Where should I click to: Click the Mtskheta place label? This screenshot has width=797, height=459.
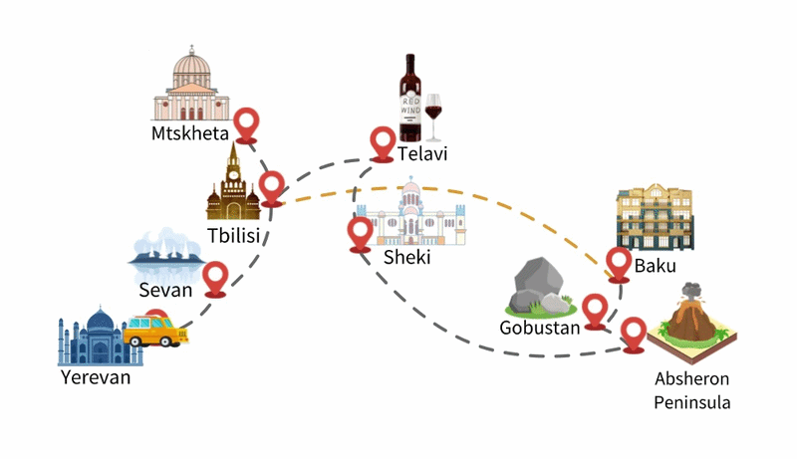(x=190, y=133)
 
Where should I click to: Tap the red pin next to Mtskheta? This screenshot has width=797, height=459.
(x=247, y=125)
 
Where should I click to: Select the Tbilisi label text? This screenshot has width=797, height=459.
(x=233, y=235)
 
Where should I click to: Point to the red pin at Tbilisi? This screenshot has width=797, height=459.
(x=272, y=189)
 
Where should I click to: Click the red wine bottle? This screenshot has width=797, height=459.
(x=410, y=98)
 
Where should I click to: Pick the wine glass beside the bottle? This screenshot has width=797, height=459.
(x=433, y=116)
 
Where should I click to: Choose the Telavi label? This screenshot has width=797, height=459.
(x=421, y=153)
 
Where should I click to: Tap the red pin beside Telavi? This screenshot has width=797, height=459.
(x=383, y=144)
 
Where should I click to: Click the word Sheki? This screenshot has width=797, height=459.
(x=406, y=257)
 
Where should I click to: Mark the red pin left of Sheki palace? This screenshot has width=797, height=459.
(x=361, y=235)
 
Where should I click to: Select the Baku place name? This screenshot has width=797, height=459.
(x=655, y=266)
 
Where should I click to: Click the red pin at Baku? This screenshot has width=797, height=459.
(x=619, y=265)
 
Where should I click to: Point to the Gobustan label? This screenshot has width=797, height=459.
(x=539, y=328)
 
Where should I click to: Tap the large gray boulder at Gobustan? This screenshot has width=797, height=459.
(x=538, y=284)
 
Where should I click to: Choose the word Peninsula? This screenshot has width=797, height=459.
(x=691, y=402)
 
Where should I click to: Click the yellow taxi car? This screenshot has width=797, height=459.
(x=155, y=331)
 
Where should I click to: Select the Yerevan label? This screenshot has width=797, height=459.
(x=96, y=377)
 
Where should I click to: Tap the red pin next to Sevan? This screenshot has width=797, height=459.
(x=215, y=279)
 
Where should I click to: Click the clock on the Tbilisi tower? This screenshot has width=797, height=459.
(x=233, y=174)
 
